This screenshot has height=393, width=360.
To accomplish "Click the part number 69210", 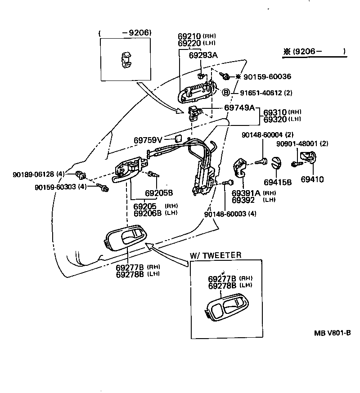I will point(189,36).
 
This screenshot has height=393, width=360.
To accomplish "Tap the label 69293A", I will point(203,55).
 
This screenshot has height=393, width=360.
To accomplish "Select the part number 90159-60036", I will point(267,77).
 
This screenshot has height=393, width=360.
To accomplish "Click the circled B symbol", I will point(227,93).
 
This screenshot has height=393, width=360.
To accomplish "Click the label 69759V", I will point(148,140).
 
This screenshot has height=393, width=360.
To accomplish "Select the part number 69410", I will point(312,179).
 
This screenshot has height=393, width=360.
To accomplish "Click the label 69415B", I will point(278,182).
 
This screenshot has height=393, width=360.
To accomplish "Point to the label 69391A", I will point(246,193).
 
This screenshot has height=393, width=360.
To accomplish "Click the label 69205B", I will point(159,193).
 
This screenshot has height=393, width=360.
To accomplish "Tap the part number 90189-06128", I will point(33,174).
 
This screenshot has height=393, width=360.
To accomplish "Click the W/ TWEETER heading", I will point(216,255).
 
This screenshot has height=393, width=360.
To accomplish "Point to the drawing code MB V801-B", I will point(332,333).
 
